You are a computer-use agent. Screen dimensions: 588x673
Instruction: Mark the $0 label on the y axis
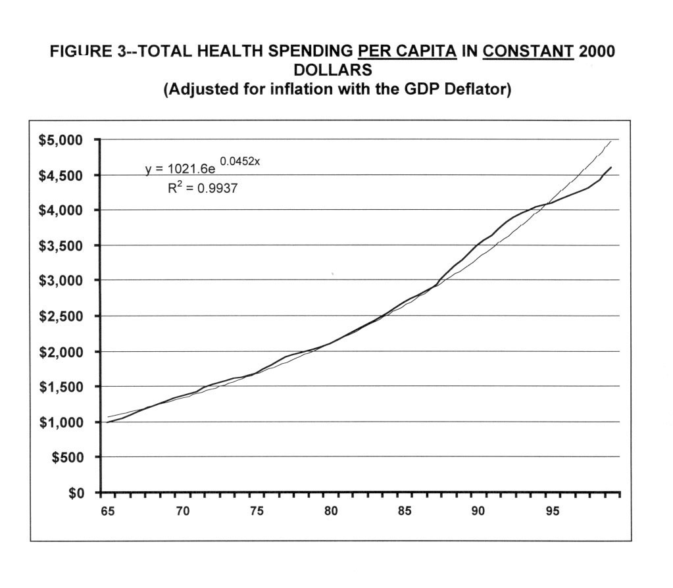click(x=80, y=493)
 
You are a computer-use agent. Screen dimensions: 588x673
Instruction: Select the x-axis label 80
click(x=331, y=511)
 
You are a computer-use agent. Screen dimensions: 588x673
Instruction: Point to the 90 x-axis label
click(x=479, y=511)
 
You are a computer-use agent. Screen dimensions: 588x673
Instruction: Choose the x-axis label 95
click(x=553, y=511)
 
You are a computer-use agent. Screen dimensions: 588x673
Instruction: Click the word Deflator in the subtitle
click(x=480, y=89)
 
